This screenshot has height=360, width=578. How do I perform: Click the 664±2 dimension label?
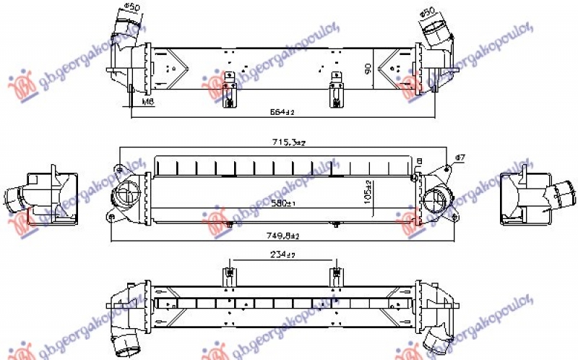(x=282, y=112)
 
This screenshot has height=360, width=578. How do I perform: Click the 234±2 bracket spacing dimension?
(x=282, y=254)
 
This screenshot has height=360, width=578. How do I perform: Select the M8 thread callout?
(x=147, y=103)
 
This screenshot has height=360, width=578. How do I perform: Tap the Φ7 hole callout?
(x=460, y=157)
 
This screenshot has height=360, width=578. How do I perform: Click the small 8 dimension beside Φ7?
(x=418, y=160)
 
